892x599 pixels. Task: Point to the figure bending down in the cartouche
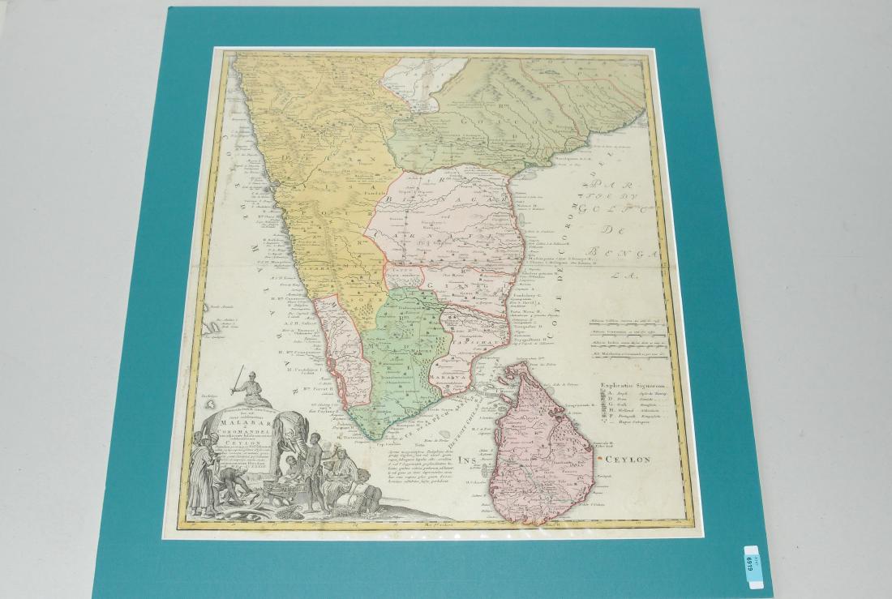(x=223, y=497)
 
